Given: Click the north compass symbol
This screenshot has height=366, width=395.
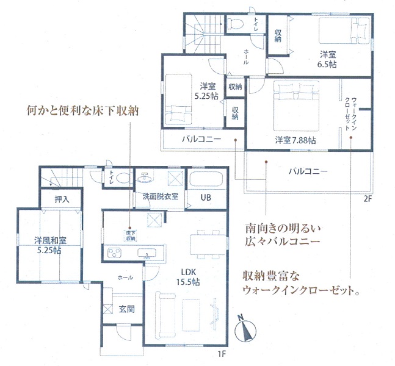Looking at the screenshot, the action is click(245, 329).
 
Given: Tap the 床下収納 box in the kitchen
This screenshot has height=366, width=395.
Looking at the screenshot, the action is click(131, 235).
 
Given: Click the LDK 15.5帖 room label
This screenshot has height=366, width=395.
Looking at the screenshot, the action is click(188, 277).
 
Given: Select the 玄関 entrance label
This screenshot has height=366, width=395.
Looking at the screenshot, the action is click(127, 309).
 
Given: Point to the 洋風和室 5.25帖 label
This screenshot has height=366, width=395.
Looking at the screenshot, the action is click(51, 245).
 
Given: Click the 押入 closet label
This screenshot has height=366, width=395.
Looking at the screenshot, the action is click(62, 199).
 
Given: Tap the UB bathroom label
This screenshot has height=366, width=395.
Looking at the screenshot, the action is click(206, 198).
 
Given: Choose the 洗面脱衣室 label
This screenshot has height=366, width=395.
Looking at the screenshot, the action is click(161, 196).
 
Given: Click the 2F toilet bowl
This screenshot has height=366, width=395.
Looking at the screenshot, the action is click(235, 24).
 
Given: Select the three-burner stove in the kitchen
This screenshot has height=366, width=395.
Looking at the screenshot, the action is click(114, 253).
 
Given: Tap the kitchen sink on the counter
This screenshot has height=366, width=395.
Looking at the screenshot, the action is click(147, 253).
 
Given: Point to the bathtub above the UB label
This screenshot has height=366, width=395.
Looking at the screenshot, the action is click(206, 179).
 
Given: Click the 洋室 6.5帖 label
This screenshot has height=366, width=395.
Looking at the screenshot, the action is click(327, 59).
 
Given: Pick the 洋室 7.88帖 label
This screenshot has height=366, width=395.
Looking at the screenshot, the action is click(295, 140).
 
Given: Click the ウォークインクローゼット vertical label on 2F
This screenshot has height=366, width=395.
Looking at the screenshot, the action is click(350, 114).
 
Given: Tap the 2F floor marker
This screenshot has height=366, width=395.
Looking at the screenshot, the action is click(368, 199).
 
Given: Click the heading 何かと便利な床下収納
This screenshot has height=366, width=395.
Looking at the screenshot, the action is click(82, 110).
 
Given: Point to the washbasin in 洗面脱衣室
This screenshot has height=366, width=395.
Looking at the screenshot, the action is click(144, 178).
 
